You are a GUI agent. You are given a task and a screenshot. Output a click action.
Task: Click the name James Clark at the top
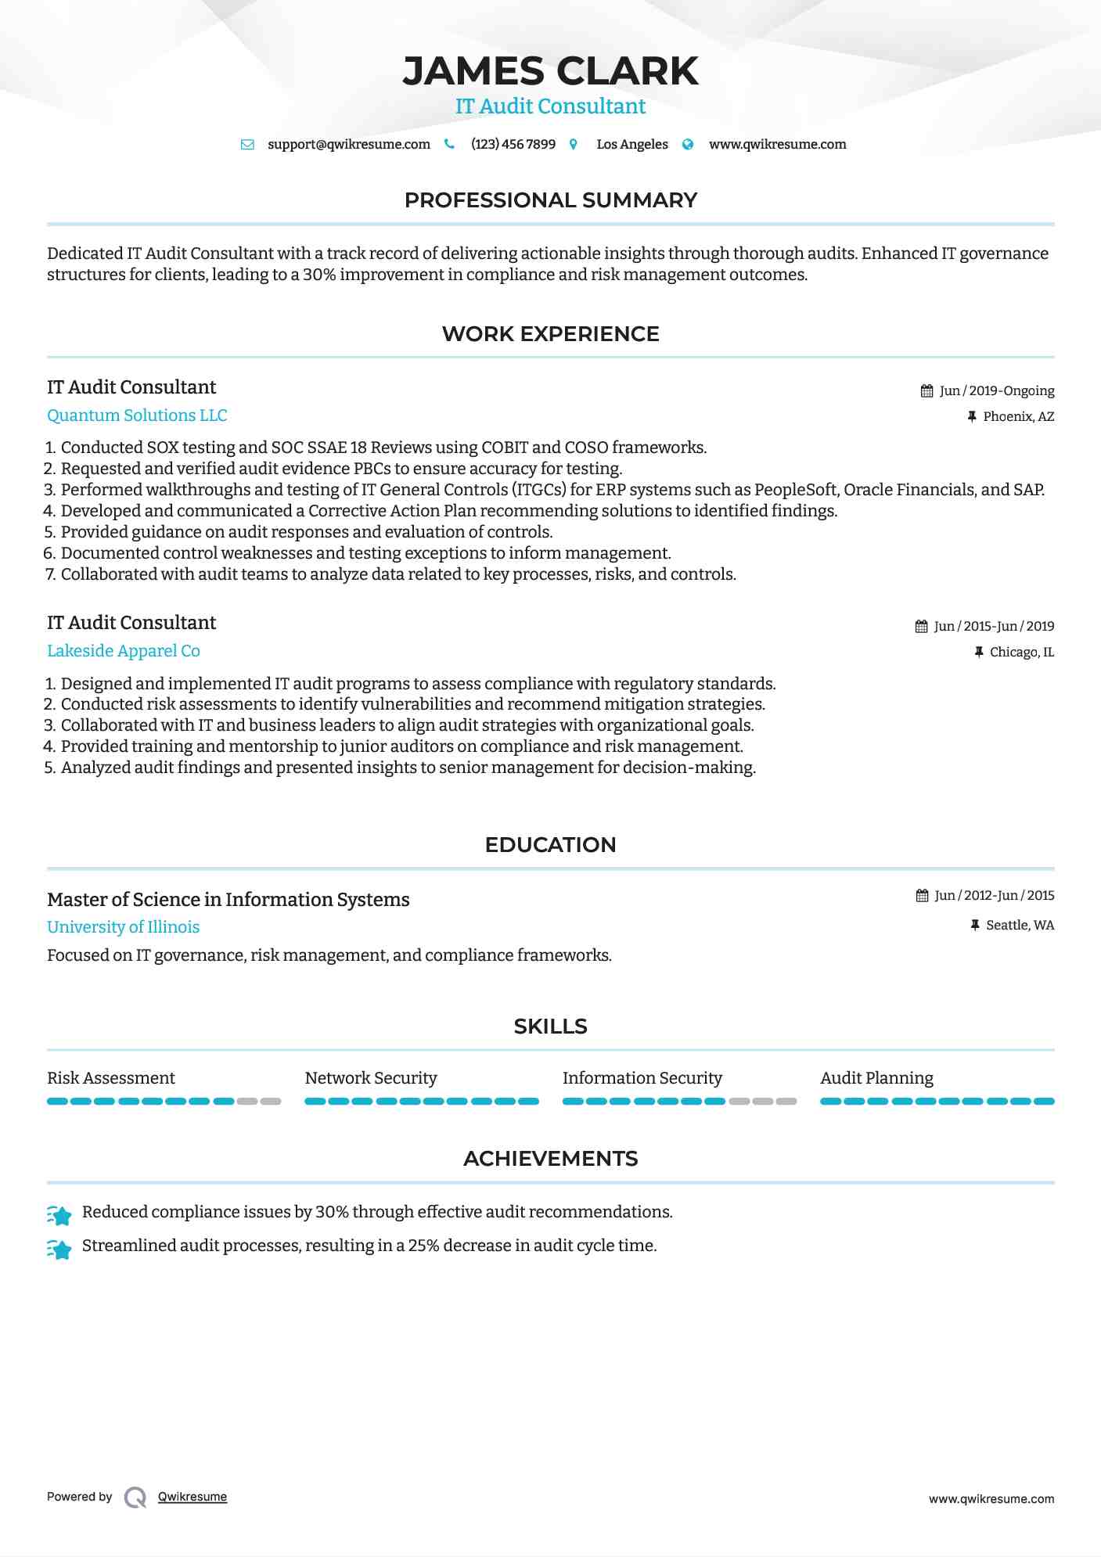click(x=550, y=71)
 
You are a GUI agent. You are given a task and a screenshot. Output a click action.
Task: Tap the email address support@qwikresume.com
click(x=348, y=144)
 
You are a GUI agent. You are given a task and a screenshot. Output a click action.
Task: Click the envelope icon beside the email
click(x=247, y=144)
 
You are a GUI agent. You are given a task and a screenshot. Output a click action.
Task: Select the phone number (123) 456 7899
click(x=513, y=144)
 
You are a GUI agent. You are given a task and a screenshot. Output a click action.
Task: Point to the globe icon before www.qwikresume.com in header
click(x=688, y=144)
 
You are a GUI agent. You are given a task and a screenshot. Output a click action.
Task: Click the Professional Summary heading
click(x=550, y=200)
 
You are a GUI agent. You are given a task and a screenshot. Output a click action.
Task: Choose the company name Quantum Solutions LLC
click(x=137, y=415)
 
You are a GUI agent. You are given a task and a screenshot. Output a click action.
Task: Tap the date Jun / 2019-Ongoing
click(x=996, y=390)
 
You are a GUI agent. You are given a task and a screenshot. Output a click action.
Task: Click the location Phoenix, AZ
click(x=1018, y=416)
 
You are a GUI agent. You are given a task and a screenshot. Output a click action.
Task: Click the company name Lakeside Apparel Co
click(x=124, y=651)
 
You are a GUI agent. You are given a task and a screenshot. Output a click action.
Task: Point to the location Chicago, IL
click(x=1021, y=652)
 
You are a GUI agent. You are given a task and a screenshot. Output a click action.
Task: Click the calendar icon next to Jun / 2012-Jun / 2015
click(x=922, y=895)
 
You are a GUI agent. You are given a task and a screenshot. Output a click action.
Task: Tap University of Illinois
click(x=123, y=927)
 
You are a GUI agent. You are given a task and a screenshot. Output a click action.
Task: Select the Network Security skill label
click(x=371, y=1078)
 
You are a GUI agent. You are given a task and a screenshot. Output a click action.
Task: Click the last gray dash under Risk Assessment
click(x=271, y=1101)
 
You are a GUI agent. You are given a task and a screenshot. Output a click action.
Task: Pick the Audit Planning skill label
click(x=876, y=1078)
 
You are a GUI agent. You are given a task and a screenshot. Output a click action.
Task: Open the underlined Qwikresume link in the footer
click(x=192, y=1497)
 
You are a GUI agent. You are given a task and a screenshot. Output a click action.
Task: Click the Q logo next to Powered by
click(x=135, y=1497)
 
